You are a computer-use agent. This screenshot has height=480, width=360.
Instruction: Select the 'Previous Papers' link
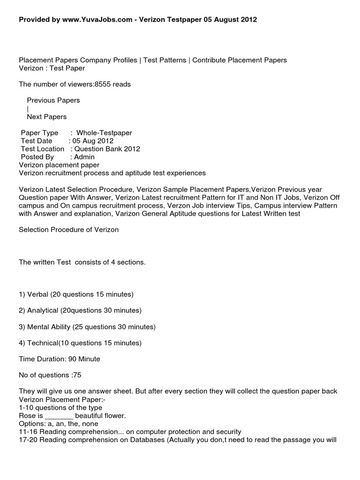click(53, 100)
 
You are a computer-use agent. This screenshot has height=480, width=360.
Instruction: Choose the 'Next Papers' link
click(46, 117)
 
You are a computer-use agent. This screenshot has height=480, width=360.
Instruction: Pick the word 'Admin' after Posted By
click(84, 157)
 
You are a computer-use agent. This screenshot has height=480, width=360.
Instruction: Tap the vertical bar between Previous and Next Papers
click(28, 108)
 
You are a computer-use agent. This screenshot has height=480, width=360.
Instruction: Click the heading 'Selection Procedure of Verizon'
click(68, 230)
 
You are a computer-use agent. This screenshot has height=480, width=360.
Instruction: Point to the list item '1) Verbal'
click(35, 294)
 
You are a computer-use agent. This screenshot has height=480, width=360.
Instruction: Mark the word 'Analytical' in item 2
click(43, 310)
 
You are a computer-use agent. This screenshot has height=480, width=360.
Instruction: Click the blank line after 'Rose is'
click(59, 416)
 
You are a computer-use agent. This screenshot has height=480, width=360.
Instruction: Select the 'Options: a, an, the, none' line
click(59, 424)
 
